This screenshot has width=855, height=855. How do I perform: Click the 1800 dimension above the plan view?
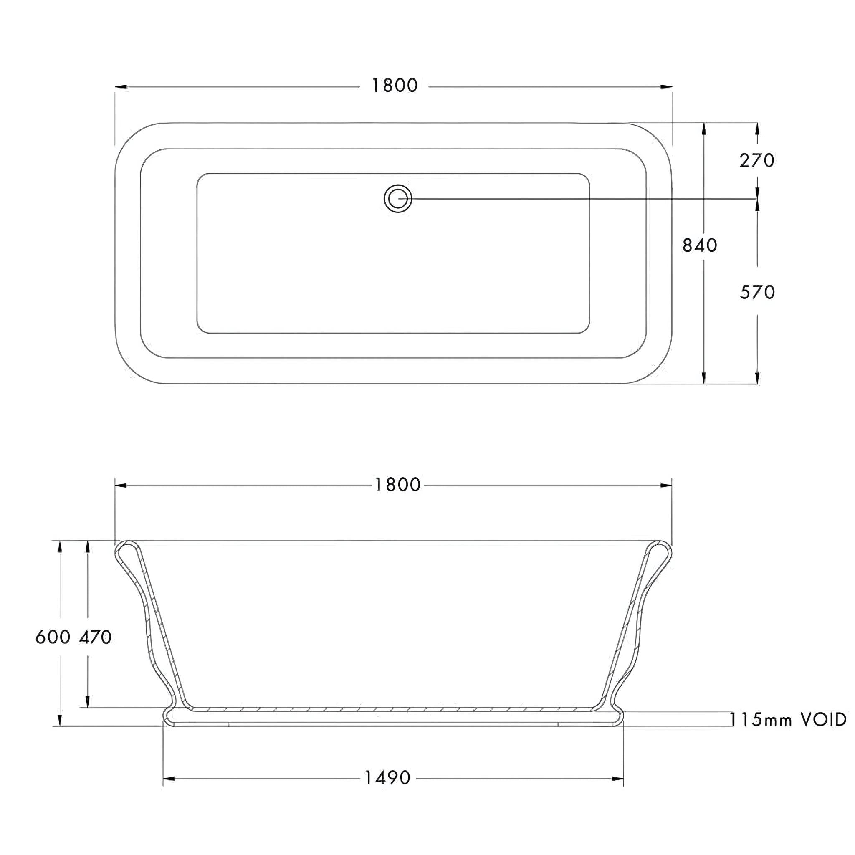coord(394,86)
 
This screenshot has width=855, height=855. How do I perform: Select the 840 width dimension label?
coord(699,245)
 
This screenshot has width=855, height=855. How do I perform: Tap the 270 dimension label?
coord(757,161)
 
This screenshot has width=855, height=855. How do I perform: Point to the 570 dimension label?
coord(757,293)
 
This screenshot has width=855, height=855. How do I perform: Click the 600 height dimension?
coord(53,637)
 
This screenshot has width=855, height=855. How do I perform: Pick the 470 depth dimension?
coord(95,637)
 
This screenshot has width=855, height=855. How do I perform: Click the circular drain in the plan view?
coord(398,199)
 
